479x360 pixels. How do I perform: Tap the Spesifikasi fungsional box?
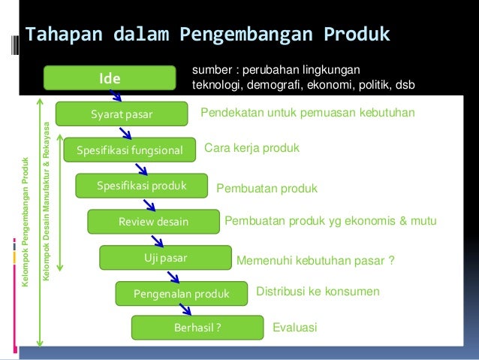pyautogui.click(x=130, y=150)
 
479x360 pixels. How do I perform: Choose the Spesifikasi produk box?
pyautogui.click(x=141, y=186)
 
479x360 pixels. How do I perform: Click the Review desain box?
pyautogui.click(x=153, y=222)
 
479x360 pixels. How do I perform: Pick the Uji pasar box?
pyautogui.click(x=165, y=258)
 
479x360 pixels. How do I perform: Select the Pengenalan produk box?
pyautogui.click(x=181, y=293)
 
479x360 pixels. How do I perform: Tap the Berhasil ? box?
pyautogui.click(x=197, y=328)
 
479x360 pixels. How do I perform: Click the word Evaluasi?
pyautogui.click(x=295, y=328)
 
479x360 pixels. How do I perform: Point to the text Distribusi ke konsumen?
pyautogui.click(x=318, y=291)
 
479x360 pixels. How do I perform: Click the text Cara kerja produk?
pyautogui.click(x=252, y=149)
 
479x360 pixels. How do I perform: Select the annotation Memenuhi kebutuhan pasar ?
pyautogui.click(x=316, y=261)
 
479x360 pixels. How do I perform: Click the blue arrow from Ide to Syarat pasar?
pyautogui.click(x=115, y=95)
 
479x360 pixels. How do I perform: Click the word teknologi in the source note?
pyautogui.click(x=215, y=84)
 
